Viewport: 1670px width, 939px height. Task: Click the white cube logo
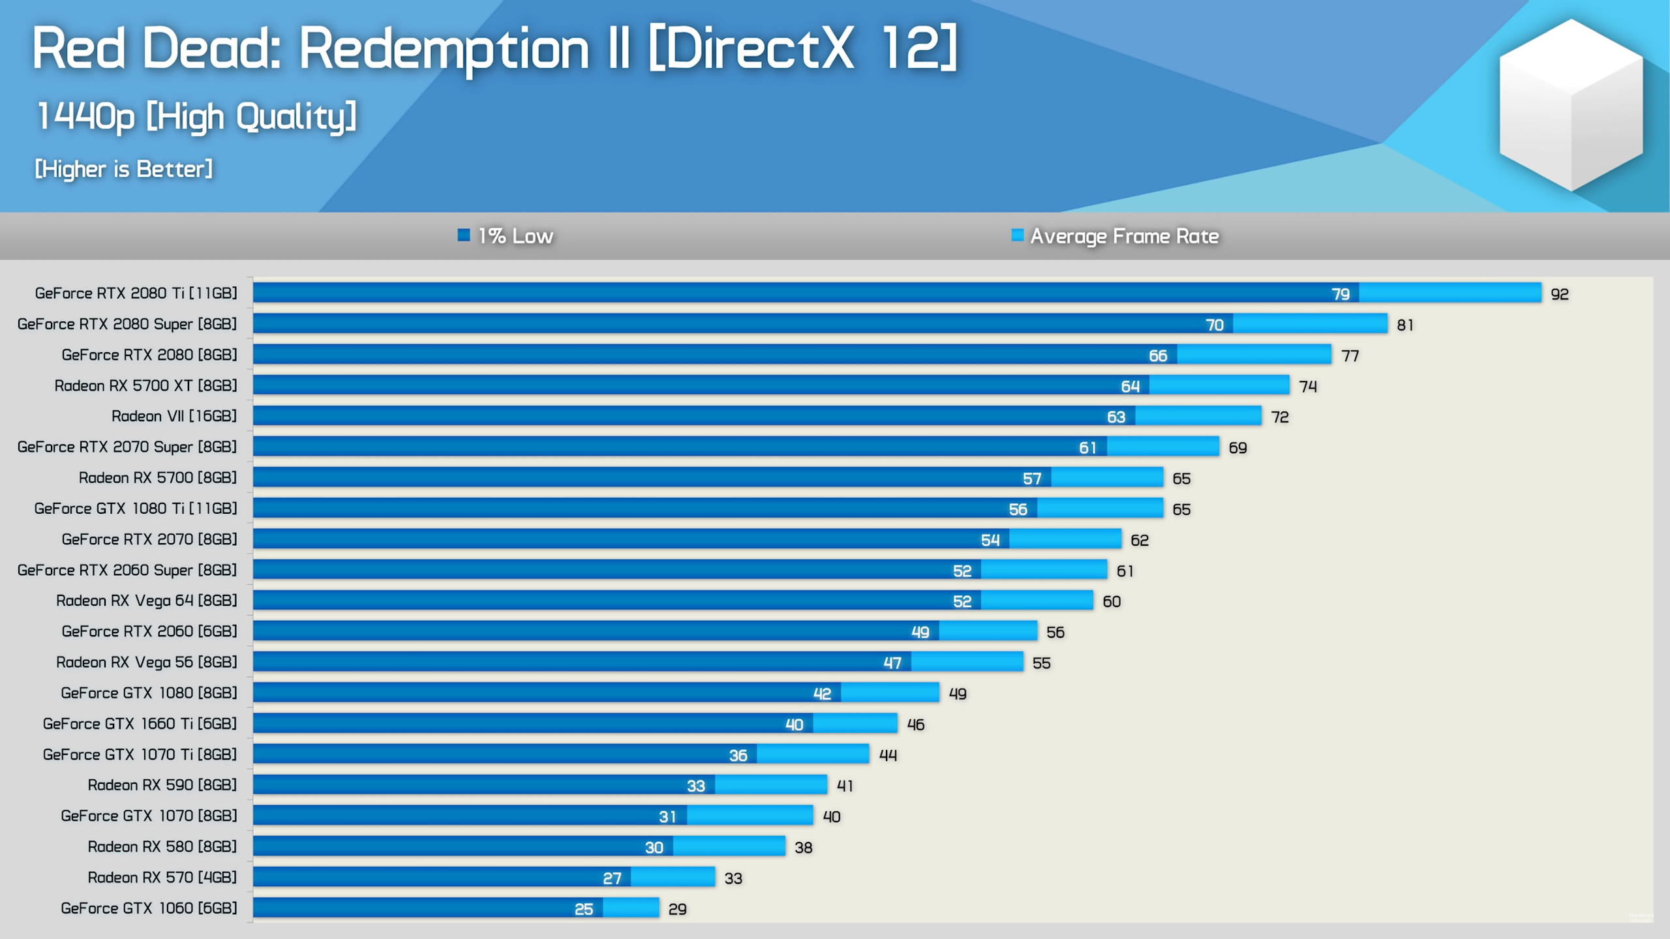pos(1571,104)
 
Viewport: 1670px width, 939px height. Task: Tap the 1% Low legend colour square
pos(464,235)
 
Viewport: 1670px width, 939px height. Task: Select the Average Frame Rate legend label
pos(1124,236)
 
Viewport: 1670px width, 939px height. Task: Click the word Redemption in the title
pos(444,49)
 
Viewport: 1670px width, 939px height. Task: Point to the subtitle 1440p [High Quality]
pos(196,117)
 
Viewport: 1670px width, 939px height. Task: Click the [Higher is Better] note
pos(123,170)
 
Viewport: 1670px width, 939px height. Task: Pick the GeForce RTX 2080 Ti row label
pos(136,293)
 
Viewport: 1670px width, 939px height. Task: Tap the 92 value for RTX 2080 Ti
pos(1559,294)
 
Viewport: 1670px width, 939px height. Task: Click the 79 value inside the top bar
pos(1341,294)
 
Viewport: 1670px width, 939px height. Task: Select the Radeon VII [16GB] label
pos(174,416)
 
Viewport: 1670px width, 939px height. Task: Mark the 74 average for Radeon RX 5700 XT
pos(1308,387)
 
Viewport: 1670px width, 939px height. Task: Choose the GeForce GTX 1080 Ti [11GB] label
pos(136,509)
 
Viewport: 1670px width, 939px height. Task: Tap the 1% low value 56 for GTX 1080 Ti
pos(1018,509)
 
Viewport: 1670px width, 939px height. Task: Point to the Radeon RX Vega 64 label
pos(146,601)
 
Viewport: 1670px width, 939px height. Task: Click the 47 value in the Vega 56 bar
pos(892,663)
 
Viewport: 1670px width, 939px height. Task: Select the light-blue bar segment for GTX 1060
pos(631,908)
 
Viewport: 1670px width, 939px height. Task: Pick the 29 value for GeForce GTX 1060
pos(677,909)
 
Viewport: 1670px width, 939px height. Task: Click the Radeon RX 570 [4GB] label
pos(162,878)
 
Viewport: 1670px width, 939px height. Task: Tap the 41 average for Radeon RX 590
pos(845,786)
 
